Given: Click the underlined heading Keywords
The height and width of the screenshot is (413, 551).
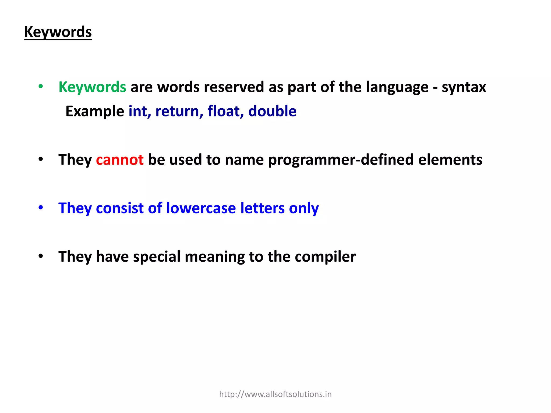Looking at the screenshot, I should tap(58, 32).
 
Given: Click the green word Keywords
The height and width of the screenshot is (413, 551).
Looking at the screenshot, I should tap(92, 87).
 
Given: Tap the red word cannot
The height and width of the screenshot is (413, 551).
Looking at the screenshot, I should tap(120, 160).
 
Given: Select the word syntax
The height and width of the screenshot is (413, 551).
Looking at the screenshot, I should tap(464, 87).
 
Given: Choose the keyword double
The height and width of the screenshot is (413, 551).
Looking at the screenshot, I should tap(272, 111).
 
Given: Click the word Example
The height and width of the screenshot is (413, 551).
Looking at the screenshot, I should tap(95, 111).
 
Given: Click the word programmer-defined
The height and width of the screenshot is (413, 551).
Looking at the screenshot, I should tap(341, 160).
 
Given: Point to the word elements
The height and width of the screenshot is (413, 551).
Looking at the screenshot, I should tap(450, 160).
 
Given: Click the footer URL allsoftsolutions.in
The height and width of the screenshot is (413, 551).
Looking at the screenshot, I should tap(275, 394).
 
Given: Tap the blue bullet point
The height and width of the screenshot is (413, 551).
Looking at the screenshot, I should tap(41, 208).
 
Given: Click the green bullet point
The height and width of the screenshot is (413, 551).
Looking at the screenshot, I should tap(41, 87).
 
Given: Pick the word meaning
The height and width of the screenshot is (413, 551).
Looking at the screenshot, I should tap(215, 257).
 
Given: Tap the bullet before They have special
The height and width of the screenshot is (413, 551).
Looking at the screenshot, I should tap(41, 256).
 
